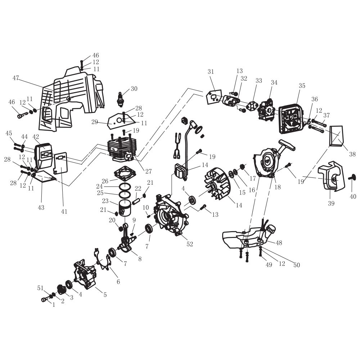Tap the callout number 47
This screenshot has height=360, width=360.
15,78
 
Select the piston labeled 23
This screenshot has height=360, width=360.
126,208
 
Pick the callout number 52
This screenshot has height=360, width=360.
190,244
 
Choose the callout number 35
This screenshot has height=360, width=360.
302,86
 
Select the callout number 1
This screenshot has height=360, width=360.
54,305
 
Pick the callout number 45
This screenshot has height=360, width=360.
9,134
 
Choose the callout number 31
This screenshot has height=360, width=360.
211,72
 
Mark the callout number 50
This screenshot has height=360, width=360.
296,265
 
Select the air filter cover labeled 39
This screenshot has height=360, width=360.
329,176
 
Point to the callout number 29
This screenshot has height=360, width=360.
95,122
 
